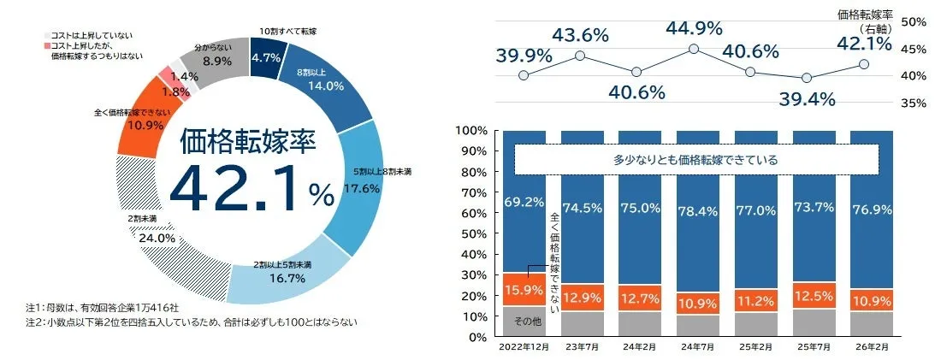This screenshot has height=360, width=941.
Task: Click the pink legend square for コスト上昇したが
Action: click(x=45, y=44)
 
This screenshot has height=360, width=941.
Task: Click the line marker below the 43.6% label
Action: click(x=580, y=56)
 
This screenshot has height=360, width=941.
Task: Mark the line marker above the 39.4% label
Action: click(x=807, y=78)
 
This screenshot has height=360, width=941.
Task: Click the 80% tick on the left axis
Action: click(x=473, y=172)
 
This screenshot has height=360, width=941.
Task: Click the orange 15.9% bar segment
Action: click(x=523, y=289)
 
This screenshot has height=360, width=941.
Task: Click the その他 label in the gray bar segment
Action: click(x=523, y=322)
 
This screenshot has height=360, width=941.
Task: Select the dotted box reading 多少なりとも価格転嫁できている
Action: click(x=696, y=159)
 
